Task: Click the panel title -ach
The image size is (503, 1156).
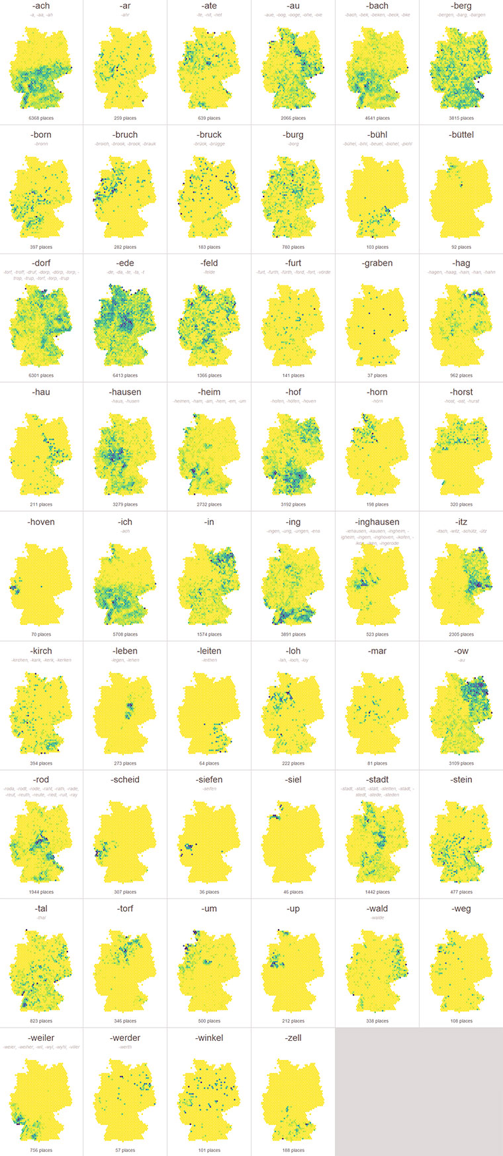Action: point(41,6)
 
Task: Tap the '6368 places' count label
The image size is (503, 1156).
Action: point(41,118)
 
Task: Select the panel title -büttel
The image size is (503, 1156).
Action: point(461,134)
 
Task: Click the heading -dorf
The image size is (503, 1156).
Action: point(41,263)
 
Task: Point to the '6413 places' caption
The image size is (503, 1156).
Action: point(125,375)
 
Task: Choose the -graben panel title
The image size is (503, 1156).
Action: point(377,263)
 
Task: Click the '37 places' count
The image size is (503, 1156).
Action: point(377,375)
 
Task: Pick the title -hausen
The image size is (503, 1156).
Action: point(125,392)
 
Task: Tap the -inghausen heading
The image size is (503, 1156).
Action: point(377,522)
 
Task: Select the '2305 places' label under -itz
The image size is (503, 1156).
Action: point(461,634)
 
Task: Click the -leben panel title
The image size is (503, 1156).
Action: point(125,651)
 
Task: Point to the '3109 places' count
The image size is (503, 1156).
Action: point(461,763)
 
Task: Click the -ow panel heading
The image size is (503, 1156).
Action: point(461,651)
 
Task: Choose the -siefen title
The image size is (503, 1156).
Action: point(209,779)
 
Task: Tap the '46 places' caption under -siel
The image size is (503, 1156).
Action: point(293,892)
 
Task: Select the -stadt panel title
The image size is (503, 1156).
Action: point(377,779)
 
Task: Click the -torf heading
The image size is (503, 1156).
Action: point(125,908)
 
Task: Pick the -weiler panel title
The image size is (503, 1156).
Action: point(41,1037)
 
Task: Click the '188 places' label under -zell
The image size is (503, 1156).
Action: point(293,1150)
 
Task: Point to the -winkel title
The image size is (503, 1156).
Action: point(209,1037)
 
